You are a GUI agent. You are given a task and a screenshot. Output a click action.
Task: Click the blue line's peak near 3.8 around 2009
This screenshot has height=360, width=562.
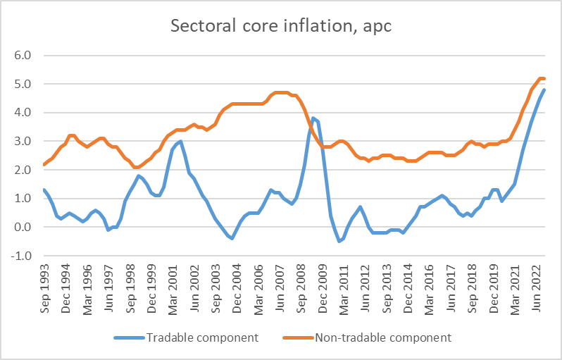tap(313, 118)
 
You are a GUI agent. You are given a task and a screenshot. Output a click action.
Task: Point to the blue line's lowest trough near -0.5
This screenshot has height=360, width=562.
tap(339, 241)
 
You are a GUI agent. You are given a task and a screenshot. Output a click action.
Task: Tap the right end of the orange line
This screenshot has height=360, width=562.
tap(544, 79)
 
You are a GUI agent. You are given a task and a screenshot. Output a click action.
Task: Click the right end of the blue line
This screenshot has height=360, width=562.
tap(544, 90)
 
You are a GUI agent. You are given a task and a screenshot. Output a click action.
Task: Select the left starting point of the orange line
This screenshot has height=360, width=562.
tap(44, 165)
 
